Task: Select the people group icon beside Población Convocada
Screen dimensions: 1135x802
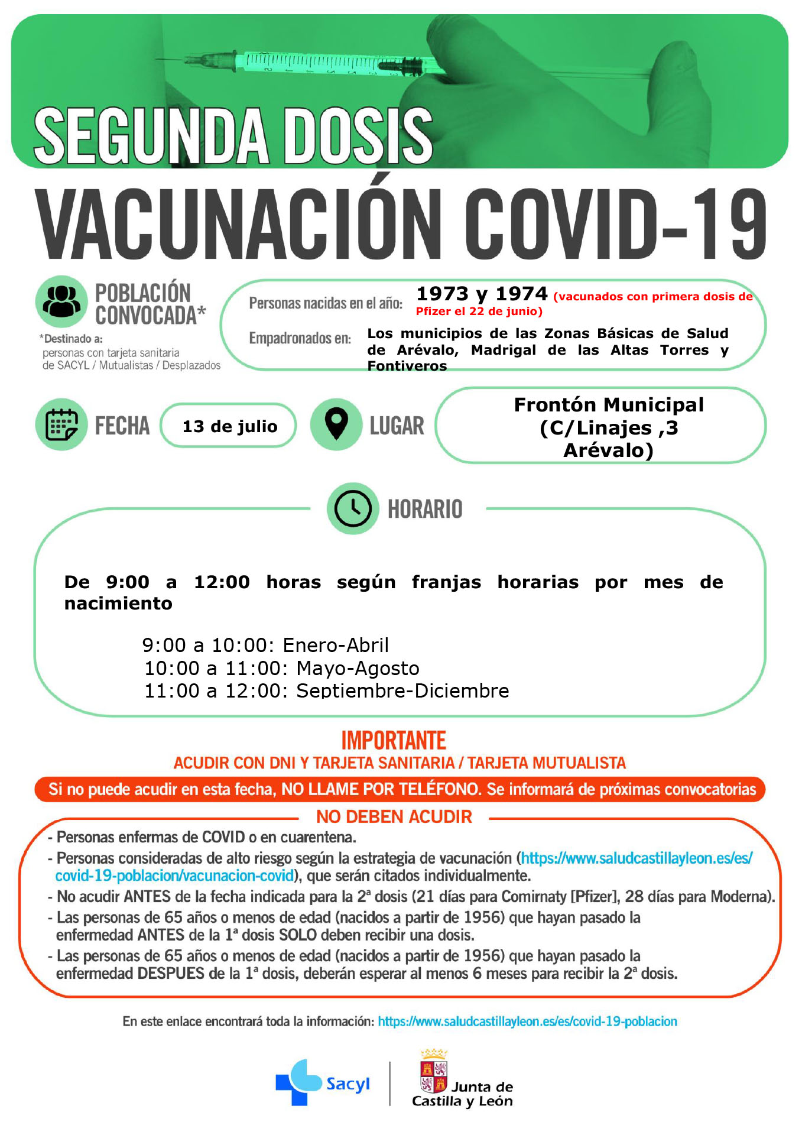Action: pos(62,301)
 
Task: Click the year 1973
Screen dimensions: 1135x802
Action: pos(443,294)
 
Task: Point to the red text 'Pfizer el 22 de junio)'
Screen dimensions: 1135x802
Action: pos(479,312)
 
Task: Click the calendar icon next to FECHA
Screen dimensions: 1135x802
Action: pos(61,424)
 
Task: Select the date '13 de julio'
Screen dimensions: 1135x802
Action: pos(229,426)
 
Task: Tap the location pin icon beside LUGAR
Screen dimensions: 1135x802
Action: pos(336,424)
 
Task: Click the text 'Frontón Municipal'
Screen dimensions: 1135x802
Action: pos(609,405)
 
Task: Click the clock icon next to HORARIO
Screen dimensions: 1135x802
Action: pos(353,508)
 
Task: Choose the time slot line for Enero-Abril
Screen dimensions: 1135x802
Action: pos(265,645)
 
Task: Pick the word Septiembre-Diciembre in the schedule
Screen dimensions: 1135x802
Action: pos(402,690)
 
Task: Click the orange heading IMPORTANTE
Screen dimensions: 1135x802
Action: pos(394,741)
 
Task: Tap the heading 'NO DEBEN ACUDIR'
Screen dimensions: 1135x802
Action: pos(394,817)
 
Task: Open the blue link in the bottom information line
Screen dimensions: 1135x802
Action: pos(527,1022)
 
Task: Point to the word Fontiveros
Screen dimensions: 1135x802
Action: pos(407,366)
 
